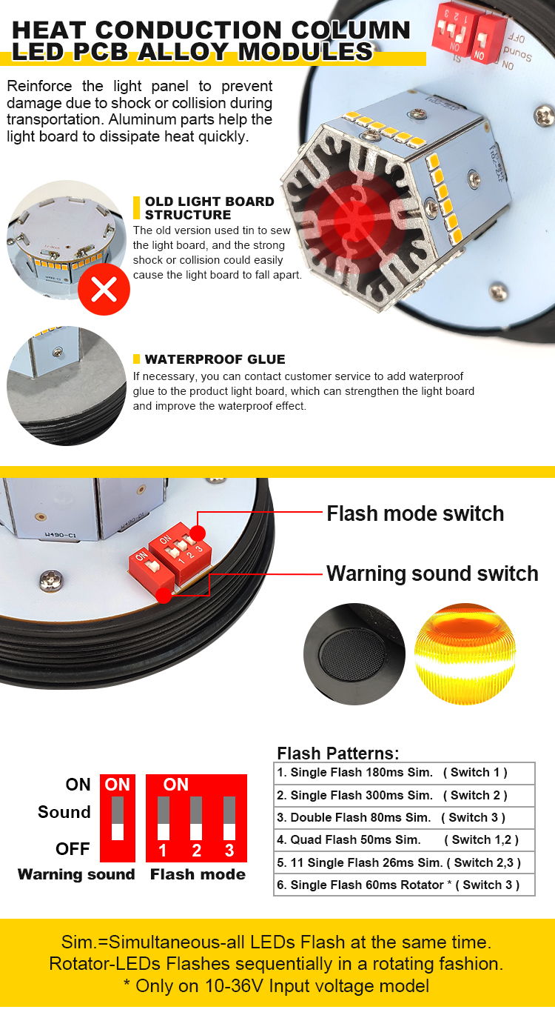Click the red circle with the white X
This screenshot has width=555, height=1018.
pos(104,289)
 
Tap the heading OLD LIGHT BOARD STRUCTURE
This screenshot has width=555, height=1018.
pos(209,207)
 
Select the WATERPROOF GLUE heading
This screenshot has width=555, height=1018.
pos(215,359)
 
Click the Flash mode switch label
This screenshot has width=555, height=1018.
pos(415,513)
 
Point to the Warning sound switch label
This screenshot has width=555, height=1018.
pos(432,573)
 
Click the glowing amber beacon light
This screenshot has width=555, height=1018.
pos(465,654)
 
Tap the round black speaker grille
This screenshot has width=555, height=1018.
pos(354,654)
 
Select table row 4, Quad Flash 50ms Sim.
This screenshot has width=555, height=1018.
pos(404,840)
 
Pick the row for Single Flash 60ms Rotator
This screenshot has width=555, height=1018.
pos(404,885)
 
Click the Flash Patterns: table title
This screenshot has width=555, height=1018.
pos(338,753)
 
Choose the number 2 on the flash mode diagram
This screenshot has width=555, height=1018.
pos(196,851)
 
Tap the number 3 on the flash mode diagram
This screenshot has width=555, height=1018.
pos(229,851)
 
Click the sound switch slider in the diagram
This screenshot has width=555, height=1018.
pos(118,818)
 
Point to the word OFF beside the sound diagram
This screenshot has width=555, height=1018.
pos(73,848)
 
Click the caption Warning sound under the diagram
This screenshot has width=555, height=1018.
pos(76,874)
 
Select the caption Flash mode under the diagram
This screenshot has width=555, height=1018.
pos(198,874)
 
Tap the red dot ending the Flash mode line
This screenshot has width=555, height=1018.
pos(198,533)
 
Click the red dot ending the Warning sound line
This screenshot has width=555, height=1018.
pos(164,596)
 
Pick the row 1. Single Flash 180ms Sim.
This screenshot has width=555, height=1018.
pos(404,773)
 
